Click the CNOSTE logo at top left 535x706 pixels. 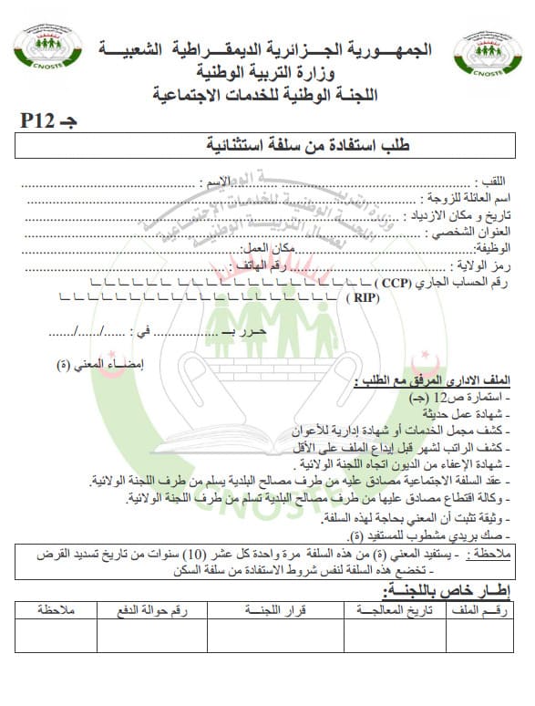[x=46, y=55]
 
